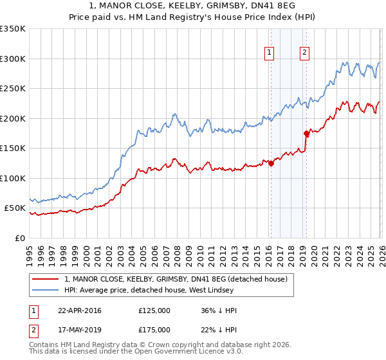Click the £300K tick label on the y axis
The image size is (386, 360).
point(13,59)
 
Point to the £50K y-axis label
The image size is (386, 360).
point(15,208)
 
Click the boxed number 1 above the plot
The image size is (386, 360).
point(268,53)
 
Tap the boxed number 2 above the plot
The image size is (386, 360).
point(304,53)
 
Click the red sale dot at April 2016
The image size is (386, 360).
point(271,163)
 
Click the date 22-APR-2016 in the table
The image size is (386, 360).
point(80,310)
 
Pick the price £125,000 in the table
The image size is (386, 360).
point(154,310)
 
